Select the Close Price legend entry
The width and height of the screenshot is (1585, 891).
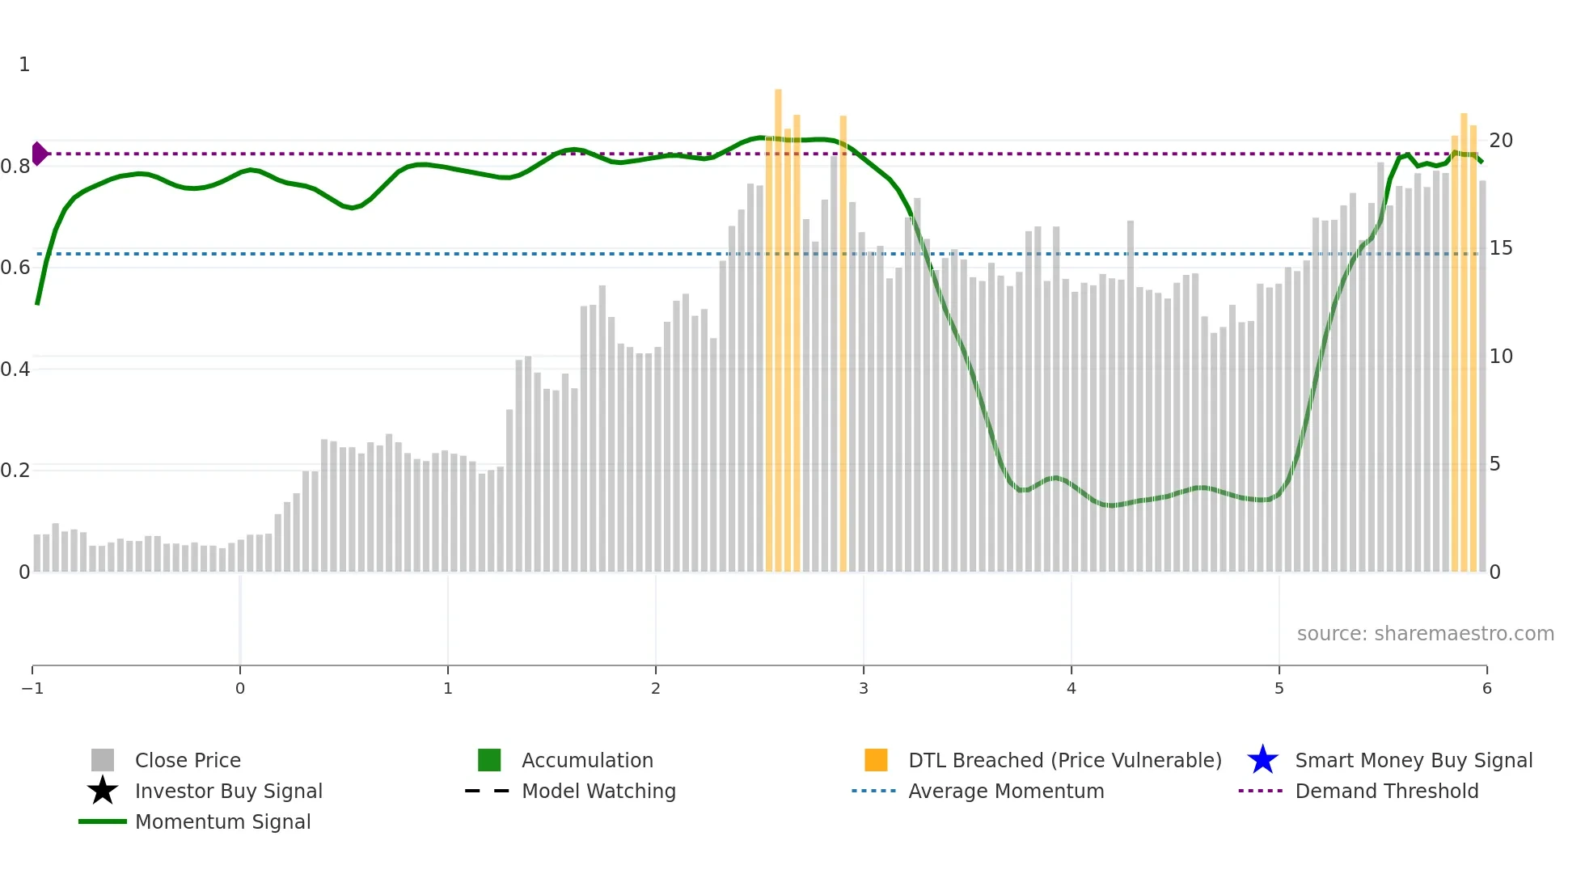tap(188, 760)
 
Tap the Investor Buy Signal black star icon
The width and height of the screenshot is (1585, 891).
tap(103, 791)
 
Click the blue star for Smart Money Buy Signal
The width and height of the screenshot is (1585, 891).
tap(1262, 760)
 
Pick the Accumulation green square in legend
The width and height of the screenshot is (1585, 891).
tap(489, 760)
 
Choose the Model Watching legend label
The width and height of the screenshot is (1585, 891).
tap(598, 791)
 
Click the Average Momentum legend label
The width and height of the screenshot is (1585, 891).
tap(1006, 791)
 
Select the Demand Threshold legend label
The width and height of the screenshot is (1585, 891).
tap(1386, 791)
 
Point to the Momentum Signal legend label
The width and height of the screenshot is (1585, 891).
tap(222, 821)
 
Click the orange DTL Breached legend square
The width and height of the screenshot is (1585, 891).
tap(876, 760)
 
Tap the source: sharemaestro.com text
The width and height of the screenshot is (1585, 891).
tap(1425, 633)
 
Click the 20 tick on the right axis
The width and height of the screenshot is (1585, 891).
tap(1501, 141)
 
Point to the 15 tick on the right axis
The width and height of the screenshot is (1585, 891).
tap(1501, 248)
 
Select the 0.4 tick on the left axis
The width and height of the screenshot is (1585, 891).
tap(15, 369)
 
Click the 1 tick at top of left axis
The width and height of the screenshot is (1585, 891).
tap(24, 65)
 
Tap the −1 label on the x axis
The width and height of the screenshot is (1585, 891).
tap(32, 688)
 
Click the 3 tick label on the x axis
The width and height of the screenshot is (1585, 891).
tap(864, 688)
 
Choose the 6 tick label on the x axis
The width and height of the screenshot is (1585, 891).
tap(1486, 688)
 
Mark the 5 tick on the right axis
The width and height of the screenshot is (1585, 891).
tap(1495, 464)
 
